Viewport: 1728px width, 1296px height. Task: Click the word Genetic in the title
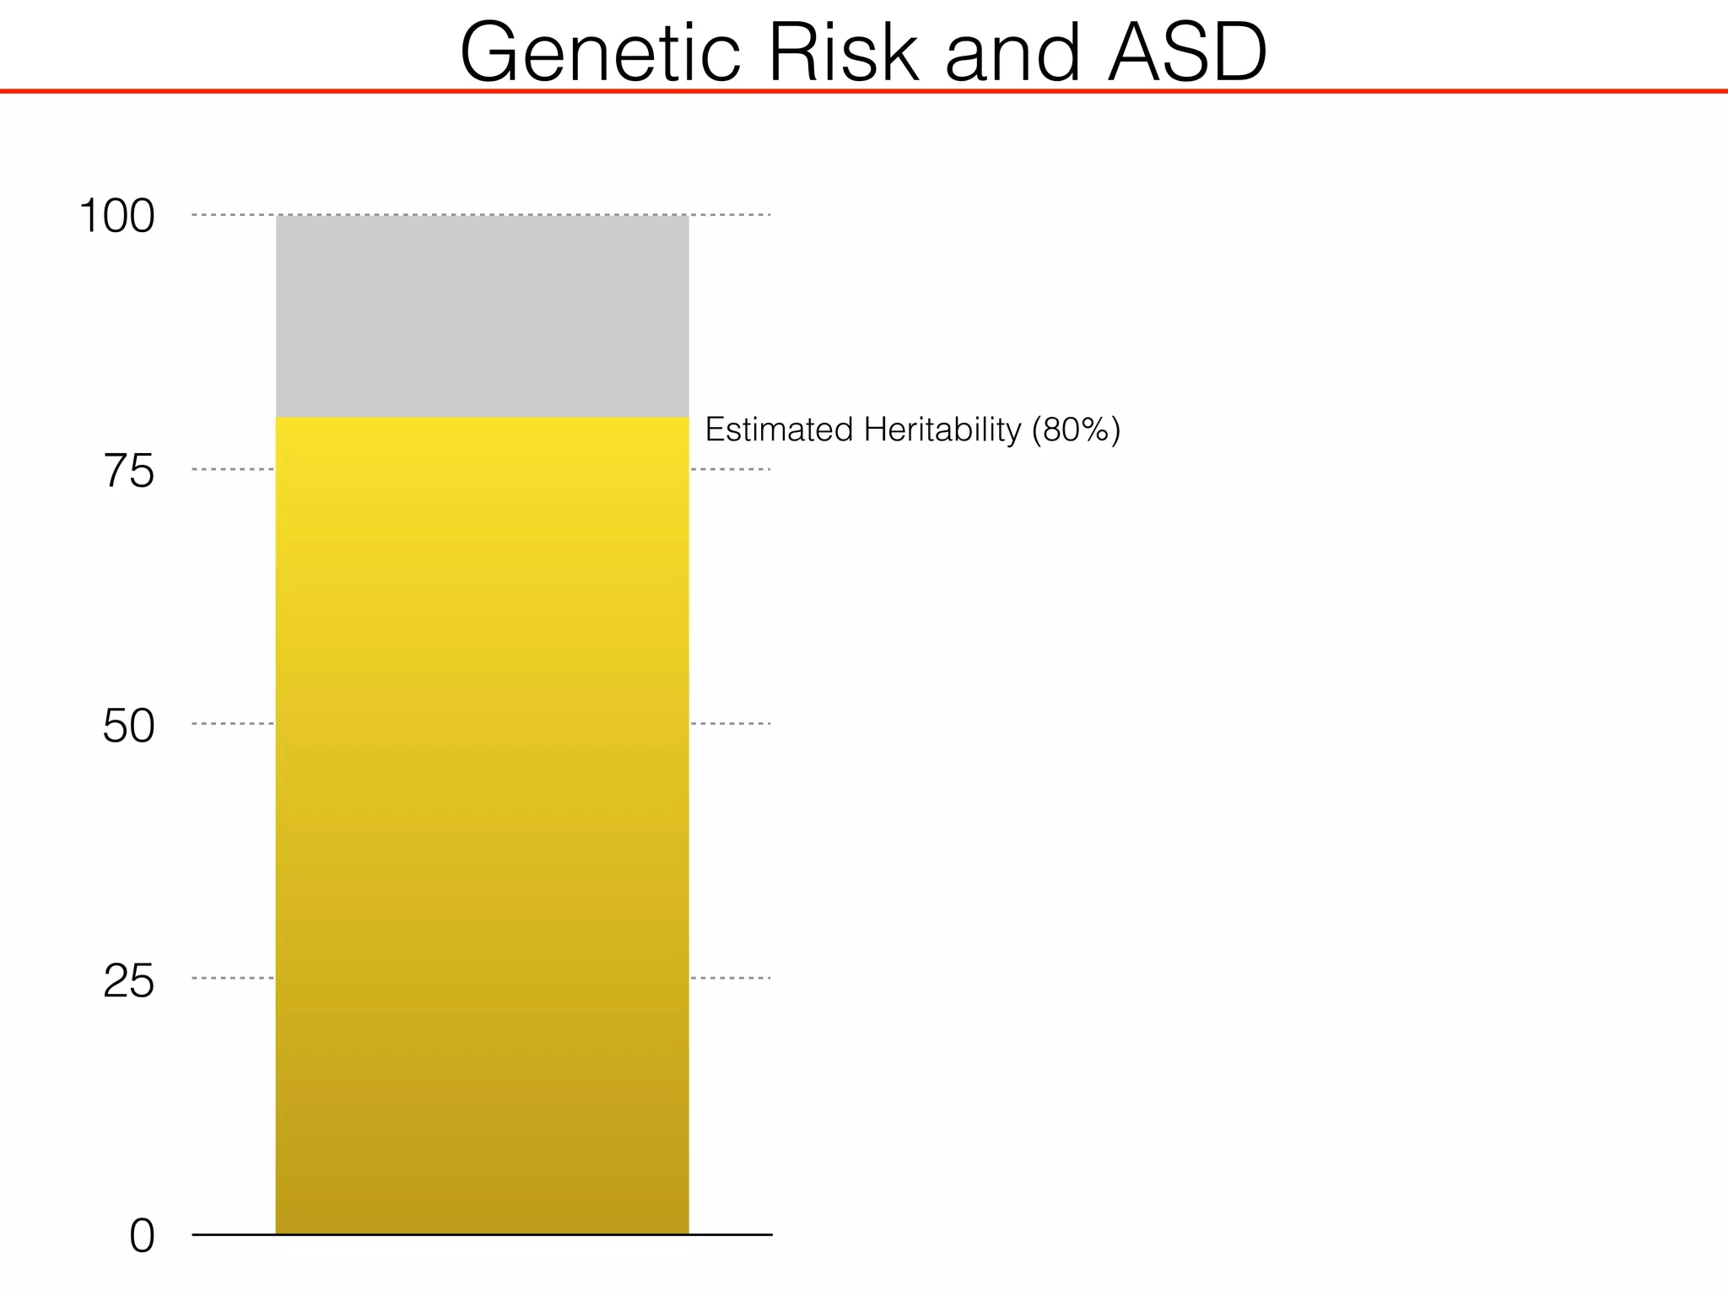600,52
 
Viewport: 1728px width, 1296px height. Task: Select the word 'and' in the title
1012,52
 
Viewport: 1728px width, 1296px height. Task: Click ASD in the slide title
1186,52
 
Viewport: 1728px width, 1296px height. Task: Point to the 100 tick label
117,216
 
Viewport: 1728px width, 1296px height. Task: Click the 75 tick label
129,471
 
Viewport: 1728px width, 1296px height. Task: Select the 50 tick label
129,726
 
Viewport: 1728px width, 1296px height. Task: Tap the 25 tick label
129,980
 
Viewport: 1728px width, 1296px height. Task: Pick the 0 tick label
142,1237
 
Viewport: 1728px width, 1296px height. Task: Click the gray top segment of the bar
482,316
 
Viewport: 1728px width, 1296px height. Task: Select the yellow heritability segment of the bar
482,827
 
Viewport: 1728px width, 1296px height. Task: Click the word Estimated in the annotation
779,429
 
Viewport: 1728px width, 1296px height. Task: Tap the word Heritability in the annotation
942,429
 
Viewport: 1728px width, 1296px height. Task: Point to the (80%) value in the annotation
1076,429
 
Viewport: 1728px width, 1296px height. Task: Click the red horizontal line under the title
864,91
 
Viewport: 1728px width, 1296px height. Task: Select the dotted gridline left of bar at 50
233,723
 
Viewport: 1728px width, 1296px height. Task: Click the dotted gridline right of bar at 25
731,978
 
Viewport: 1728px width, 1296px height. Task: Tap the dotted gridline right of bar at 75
731,469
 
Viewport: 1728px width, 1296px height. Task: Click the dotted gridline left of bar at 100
233,215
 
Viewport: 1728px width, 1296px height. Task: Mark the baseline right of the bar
731,1234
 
